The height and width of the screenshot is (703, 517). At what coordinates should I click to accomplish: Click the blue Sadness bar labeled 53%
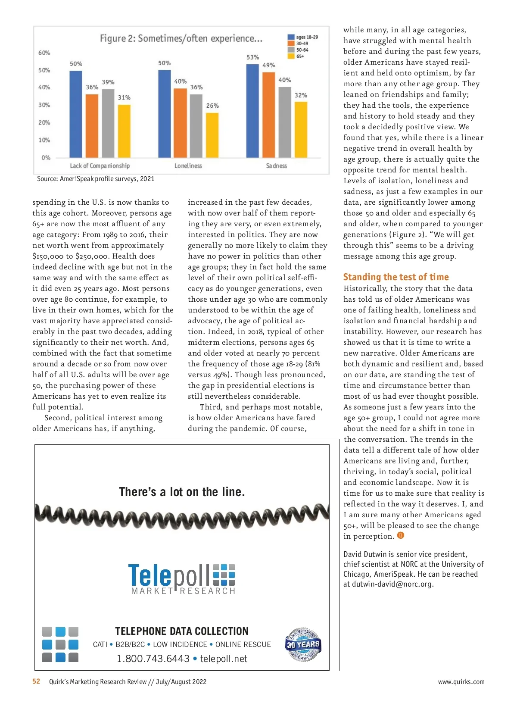(252, 111)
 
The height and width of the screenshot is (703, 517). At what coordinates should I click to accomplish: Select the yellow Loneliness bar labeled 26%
(212, 135)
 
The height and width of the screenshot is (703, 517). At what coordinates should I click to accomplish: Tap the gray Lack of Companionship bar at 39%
(108, 123)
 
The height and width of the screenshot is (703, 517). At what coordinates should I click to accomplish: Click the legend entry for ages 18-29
(303, 37)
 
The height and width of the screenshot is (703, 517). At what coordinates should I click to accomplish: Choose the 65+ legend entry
(297, 56)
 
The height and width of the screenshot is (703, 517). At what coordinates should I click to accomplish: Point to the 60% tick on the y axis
(44, 53)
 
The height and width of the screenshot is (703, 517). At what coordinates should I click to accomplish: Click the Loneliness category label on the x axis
(188, 166)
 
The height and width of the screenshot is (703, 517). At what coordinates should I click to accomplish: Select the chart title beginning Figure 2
(181, 38)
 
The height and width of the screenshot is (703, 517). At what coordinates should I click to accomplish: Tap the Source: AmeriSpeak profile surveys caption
(96, 178)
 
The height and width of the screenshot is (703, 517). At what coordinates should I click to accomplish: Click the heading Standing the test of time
(396, 277)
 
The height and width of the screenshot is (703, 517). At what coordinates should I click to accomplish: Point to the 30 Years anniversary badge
(303, 644)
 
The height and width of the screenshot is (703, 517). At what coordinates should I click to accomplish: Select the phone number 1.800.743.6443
(153, 659)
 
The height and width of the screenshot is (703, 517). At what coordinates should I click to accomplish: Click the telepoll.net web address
(224, 659)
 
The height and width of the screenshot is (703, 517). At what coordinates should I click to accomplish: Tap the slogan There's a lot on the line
(182, 492)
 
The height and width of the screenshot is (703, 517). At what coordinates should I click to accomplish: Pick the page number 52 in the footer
(36, 681)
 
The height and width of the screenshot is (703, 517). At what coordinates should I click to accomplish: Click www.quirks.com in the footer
(461, 681)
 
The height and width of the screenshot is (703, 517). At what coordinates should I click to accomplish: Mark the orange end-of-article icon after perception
(401, 536)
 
